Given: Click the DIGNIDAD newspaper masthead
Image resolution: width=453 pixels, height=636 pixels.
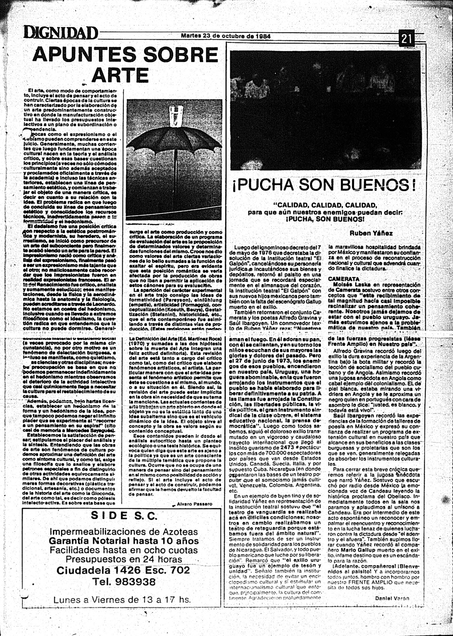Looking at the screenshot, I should pyautogui.click(x=60, y=33).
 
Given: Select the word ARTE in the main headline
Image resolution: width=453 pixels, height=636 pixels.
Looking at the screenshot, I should pyautogui.click(x=121, y=75).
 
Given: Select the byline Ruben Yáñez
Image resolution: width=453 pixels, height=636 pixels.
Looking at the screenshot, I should pyautogui.click(x=371, y=233).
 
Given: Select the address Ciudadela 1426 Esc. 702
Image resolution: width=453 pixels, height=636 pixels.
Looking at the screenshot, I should pyautogui.click(x=123, y=570).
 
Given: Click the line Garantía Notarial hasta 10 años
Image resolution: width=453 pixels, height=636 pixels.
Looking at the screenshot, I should pyautogui.click(x=123, y=540).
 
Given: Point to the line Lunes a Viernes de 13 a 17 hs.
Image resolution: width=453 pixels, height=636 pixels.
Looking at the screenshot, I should pyautogui.click(x=122, y=600).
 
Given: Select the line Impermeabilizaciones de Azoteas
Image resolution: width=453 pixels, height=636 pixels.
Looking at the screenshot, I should pyautogui.click(x=124, y=531).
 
